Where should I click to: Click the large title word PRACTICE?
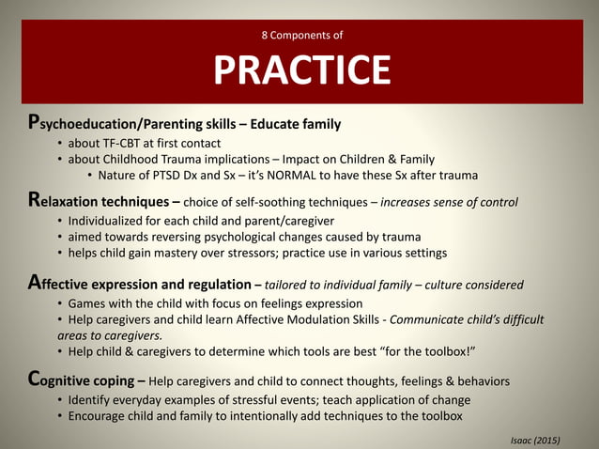(301, 70)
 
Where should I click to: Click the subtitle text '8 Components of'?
(301, 36)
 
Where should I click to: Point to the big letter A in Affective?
(34, 284)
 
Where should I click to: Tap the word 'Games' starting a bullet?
(87, 303)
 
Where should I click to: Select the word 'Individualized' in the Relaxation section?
(110, 221)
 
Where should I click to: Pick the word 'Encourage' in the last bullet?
(100, 417)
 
